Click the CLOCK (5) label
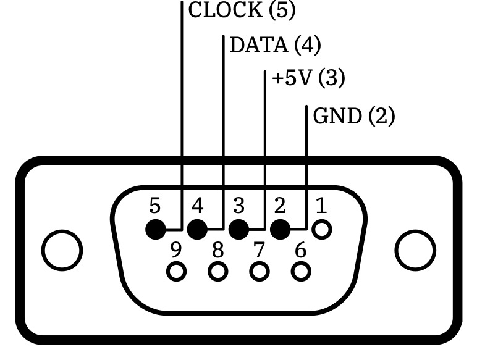242,10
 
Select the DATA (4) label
275,45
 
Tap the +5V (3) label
308,79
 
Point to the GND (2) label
353,115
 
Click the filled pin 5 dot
156,230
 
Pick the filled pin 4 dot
197,230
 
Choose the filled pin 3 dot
238,230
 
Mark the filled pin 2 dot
280,230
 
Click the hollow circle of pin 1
321,230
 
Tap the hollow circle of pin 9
177,271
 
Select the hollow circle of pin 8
218,271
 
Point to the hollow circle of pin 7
260,271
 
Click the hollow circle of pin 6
301,271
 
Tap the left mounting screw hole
62,251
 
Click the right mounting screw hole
415,251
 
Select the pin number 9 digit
176,250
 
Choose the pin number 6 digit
301,250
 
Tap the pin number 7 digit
259,250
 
